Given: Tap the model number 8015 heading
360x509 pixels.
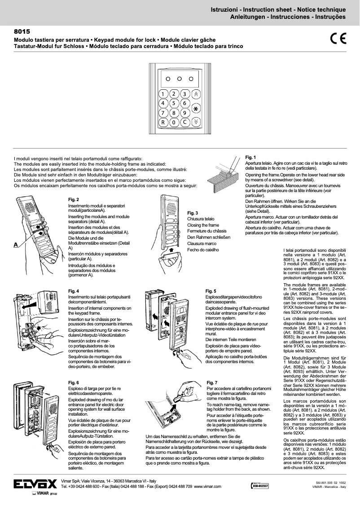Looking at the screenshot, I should [22, 33].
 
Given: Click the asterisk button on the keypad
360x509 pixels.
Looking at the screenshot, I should [196, 108].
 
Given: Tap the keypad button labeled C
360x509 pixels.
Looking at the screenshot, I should [184, 122].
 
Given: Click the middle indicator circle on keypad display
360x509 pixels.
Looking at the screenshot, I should [179, 79].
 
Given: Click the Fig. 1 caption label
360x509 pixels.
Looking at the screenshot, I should [250, 157].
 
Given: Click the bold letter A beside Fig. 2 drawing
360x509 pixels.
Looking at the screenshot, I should [16, 245].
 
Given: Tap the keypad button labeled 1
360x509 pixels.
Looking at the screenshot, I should [162, 94].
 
